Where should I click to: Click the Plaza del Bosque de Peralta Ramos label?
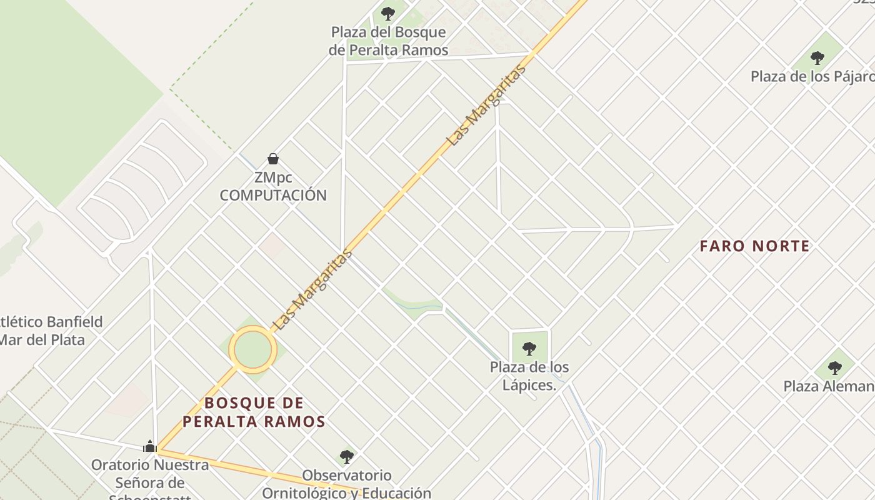tap(388, 41)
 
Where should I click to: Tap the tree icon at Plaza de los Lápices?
tap(529, 348)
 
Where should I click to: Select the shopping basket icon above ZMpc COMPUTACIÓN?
tap(273, 159)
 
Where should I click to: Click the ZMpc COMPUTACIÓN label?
tap(273, 187)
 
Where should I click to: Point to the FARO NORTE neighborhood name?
tap(755, 246)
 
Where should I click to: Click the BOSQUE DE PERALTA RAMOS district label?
tap(254, 412)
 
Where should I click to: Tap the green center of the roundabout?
tap(252, 350)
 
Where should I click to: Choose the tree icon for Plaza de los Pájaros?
tap(817, 58)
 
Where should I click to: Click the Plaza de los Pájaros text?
tap(812, 77)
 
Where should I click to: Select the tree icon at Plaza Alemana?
tap(834, 367)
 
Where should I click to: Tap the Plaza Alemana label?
tap(829, 386)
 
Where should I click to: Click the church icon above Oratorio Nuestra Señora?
tap(149, 446)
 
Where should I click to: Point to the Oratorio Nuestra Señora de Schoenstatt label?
tap(150, 482)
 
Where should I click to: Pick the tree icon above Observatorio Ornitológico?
tap(347, 456)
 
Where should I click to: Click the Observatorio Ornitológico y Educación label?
tap(347, 484)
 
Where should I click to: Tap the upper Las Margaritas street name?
tap(487, 106)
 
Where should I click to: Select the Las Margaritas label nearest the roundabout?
tap(313, 290)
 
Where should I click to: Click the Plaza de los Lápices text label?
tap(529, 376)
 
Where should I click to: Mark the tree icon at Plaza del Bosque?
tap(388, 12)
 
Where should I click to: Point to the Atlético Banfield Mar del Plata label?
tap(50, 331)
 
